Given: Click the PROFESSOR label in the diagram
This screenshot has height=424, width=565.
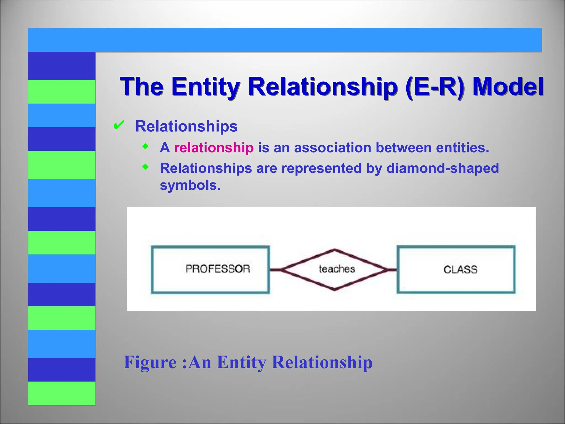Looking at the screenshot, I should click(x=218, y=269).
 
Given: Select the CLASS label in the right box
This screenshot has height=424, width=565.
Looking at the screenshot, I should click(x=460, y=269).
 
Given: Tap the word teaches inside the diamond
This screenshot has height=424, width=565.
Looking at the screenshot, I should click(x=337, y=269).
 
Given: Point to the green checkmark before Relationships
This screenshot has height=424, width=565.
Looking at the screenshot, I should click(x=119, y=126).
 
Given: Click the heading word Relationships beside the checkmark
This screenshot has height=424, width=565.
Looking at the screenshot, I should click(x=186, y=126).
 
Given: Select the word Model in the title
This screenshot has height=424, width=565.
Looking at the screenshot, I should click(x=508, y=86).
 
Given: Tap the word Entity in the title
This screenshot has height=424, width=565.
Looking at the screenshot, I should click(x=206, y=86).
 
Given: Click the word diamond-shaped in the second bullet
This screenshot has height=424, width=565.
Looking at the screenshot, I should click(x=443, y=168).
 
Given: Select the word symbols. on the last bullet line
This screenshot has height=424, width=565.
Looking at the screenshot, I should click(x=190, y=185).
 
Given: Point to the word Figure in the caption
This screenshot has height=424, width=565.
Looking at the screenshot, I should click(x=150, y=362).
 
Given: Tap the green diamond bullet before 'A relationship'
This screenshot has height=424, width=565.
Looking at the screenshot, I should click(x=145, y=146).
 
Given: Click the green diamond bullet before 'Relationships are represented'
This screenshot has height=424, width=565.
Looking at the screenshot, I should click(x=145, y=167).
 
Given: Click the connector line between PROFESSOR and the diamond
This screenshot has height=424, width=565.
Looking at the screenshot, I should click(x=275, y=269).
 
